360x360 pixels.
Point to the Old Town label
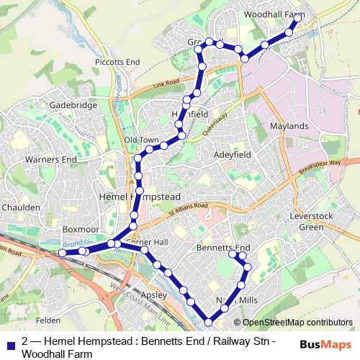point(140,140)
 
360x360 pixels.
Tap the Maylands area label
point(288,126)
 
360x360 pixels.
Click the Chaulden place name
point(21,207)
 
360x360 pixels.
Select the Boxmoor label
point(80,229)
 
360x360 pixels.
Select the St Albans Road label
point(189,210)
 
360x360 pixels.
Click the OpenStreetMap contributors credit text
point(297,323)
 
